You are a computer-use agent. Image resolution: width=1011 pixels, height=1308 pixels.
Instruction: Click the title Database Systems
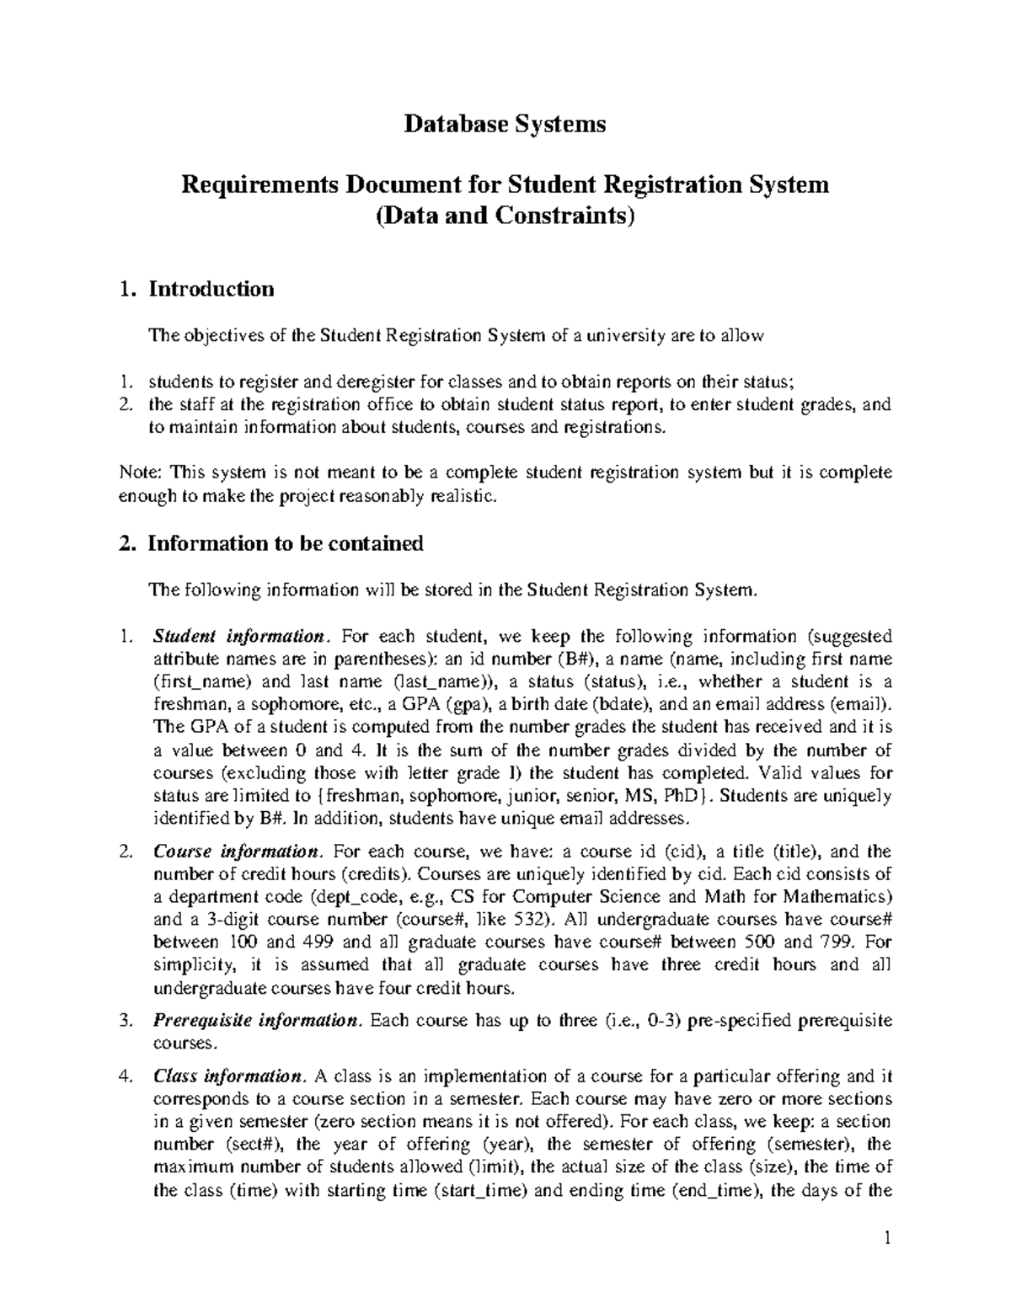point(505,125)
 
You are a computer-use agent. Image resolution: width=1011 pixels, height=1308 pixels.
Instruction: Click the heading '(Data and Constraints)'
point(505,216)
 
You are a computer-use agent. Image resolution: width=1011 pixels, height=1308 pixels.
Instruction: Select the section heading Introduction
point(211,289)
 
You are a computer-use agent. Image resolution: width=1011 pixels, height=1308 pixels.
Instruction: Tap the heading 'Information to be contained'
point(285,543)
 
